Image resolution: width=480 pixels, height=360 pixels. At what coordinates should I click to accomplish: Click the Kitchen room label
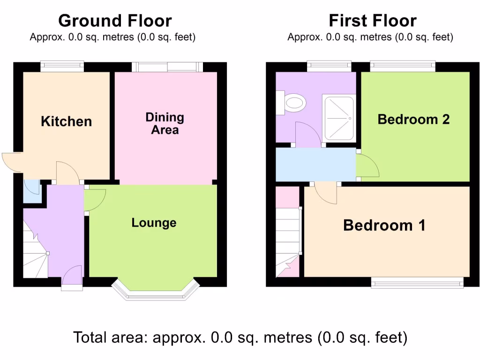point(66,122)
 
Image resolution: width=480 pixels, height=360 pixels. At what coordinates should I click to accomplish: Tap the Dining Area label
point(165,124)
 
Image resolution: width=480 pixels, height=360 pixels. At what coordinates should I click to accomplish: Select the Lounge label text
point(154,223)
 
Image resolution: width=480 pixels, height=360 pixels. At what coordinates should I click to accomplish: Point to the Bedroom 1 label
point(384,225)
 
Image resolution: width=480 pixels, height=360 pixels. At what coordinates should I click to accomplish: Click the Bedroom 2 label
point(413,120)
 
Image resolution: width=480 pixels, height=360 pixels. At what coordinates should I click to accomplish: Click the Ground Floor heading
point(115,21)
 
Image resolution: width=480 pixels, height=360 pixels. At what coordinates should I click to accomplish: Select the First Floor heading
point(372,21)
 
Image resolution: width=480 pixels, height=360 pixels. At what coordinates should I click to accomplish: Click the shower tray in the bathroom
point(338,118)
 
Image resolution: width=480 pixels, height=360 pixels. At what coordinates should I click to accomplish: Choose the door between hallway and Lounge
point(94,200)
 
